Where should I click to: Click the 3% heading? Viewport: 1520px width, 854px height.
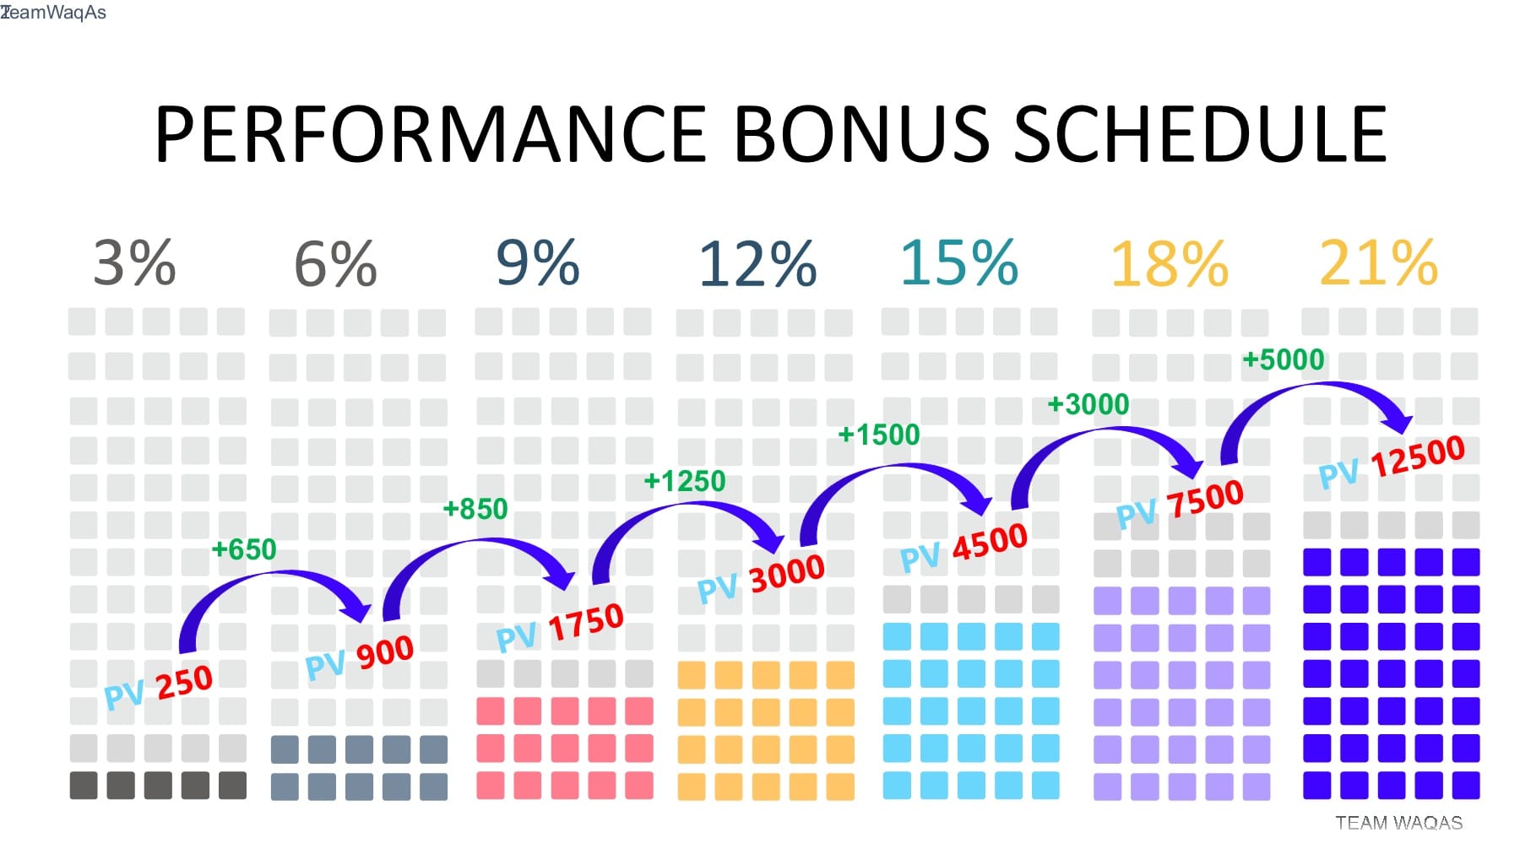(x=134, y=262)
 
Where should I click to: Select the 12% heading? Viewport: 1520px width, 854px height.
(x=757, y=264)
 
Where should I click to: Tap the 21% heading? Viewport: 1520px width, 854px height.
(x=1378, y=262)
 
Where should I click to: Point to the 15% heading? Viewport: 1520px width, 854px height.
(x=959, y=262)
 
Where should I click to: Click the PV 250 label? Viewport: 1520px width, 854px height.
(x=158, y=687)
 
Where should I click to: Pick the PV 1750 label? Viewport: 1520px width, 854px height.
(x=560, y=628)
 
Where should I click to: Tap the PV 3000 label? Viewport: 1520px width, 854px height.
(x=761, y=579)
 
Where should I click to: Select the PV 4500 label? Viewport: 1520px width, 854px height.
(x=964, y=548)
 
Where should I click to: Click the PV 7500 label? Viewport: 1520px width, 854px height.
(x=1180, y=504)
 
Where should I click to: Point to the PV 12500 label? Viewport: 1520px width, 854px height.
(x=1392, y=462)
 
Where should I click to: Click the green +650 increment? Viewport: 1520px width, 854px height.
(x=244, y=550)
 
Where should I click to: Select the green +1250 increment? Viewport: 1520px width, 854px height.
(x=685, y=482)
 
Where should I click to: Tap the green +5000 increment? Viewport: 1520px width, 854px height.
(x=1284, y=360)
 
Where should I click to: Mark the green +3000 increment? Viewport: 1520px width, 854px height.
(x=1088, y=405)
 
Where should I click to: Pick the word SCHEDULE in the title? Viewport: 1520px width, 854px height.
(x=1200, y=134)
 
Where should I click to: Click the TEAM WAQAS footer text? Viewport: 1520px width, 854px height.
(x=1399, y=823)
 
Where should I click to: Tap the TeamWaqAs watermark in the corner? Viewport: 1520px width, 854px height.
(x=53, y=13)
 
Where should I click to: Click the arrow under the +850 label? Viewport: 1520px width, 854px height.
(x=473, y=543)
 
